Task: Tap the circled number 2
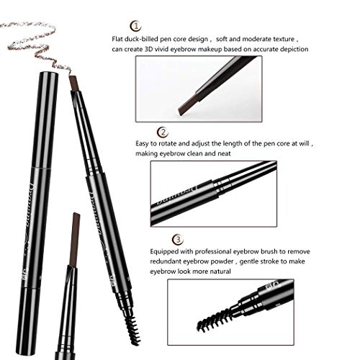click(x=163, y=132)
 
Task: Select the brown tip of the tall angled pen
click(x=72, y=81)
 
